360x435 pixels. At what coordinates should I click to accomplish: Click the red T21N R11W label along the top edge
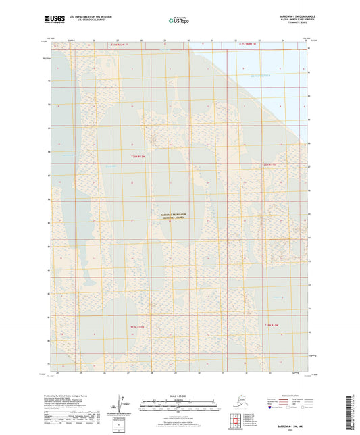tap(251, 44)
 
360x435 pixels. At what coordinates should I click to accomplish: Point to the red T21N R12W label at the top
tap(118, 44)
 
